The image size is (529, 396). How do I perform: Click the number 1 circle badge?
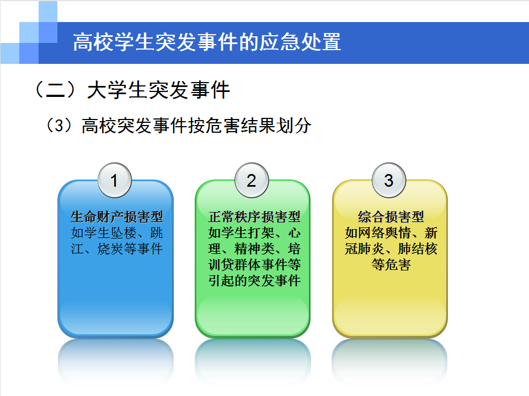click(114, 180)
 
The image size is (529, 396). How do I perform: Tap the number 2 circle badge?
click(252, 180)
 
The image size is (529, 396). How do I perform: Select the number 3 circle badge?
click(389, 180)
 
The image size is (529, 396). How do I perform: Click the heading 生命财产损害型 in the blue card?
click(117, 217)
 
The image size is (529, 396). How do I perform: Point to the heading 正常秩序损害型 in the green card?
click(254, 217)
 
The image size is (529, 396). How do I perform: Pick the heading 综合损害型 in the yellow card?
click(391, 217)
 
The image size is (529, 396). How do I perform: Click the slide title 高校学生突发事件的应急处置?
click(207, 42)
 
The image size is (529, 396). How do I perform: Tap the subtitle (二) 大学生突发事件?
click(132, 90)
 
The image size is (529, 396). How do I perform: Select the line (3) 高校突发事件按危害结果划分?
click(179, 126)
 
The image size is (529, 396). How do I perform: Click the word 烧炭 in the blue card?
click(110, 249)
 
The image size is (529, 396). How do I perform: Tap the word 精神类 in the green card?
click(254, 249)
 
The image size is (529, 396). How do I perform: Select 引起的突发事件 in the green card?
click(254, 281)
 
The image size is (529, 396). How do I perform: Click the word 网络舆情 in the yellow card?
click(384, 233)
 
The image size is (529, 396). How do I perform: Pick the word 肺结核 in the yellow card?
click(418, 249)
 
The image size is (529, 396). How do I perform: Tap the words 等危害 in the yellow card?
click(391, 265)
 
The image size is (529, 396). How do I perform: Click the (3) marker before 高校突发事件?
click(58, 126)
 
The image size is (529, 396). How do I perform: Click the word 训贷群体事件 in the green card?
click(248, 265)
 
